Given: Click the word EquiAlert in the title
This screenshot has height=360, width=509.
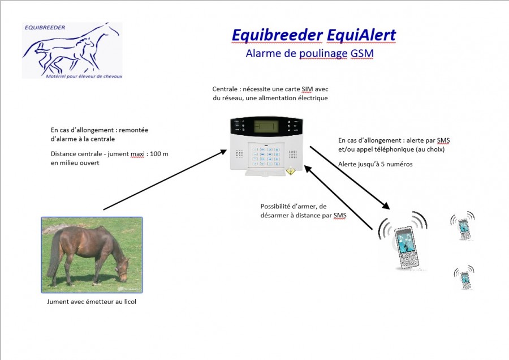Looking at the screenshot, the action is pyautogui.click(x=361, y=35).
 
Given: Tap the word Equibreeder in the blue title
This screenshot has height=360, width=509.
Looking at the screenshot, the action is pyautogui.click(x=277, y=36).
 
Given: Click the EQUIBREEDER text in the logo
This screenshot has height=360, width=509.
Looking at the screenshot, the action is pyautogui.click(x=45, y=28).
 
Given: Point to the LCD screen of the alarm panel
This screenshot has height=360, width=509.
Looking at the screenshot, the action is pyautogui.click(x=266, y=126).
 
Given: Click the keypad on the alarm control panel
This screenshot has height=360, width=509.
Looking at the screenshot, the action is pyautogui.click(x=266, y=157).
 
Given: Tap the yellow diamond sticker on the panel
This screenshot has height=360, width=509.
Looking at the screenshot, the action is pyautogui.click(x=290, y=172).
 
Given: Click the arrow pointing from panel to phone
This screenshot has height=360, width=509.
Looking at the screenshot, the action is pyautogui.click(x=350, y=178).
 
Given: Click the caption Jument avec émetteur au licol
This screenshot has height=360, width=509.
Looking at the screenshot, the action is pyautogui.click(x=92, y=302).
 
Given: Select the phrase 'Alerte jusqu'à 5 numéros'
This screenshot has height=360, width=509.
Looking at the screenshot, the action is pyautogui.click(x=376, y=164).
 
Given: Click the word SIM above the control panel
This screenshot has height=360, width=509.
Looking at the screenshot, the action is pyautogui.click(x=307, y=89).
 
